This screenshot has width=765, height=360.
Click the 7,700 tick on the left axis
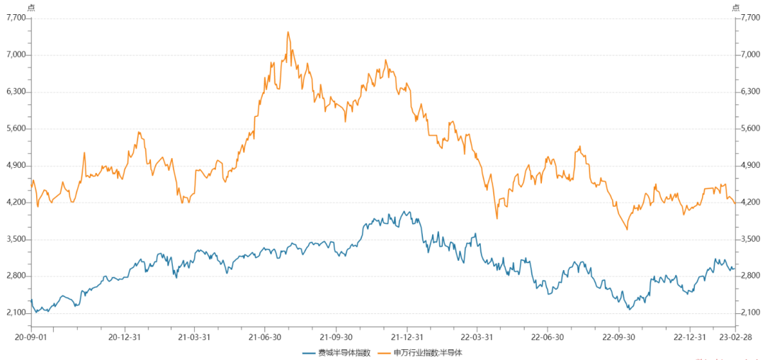[x=15, y=18]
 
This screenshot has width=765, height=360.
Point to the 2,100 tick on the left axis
[x=15, y=313]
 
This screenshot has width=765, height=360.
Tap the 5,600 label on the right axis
[x=750, y=129]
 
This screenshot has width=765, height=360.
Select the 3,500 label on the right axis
[x=750, y=240]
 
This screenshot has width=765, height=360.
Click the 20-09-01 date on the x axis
[x=30, y=337]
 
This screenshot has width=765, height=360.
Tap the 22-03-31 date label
[x=476, y=337]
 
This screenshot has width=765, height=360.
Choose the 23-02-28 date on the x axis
[x=736, y=337]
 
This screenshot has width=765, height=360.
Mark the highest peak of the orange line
[x=288, y=32]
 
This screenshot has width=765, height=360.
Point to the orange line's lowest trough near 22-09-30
[x=627, y=229]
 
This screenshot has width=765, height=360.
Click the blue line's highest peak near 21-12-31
[x=405, y=211]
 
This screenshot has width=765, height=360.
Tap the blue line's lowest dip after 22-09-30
[x=629, y=310]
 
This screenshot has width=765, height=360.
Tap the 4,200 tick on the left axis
[x=15, y=203]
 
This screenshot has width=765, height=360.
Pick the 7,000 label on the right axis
[x=750, y=55]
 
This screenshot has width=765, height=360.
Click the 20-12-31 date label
[x=124, y=337]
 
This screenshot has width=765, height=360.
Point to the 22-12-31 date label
[x=688, y=337]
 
